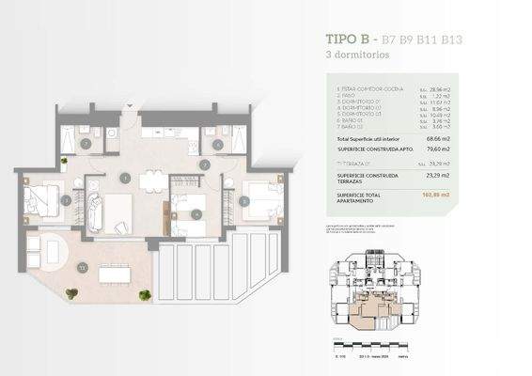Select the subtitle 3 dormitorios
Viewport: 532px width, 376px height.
[x=352, y=55]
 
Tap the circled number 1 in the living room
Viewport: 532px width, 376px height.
[x=125, y=178]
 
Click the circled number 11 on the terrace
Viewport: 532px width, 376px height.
[x=83, y=268]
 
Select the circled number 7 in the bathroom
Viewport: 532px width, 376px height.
[x=85, y=144]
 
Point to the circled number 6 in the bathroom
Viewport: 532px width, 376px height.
[x=217, y=144]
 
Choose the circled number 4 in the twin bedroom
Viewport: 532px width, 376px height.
[x=196, y=214]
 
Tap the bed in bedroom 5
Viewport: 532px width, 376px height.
[x=262, y=198]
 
